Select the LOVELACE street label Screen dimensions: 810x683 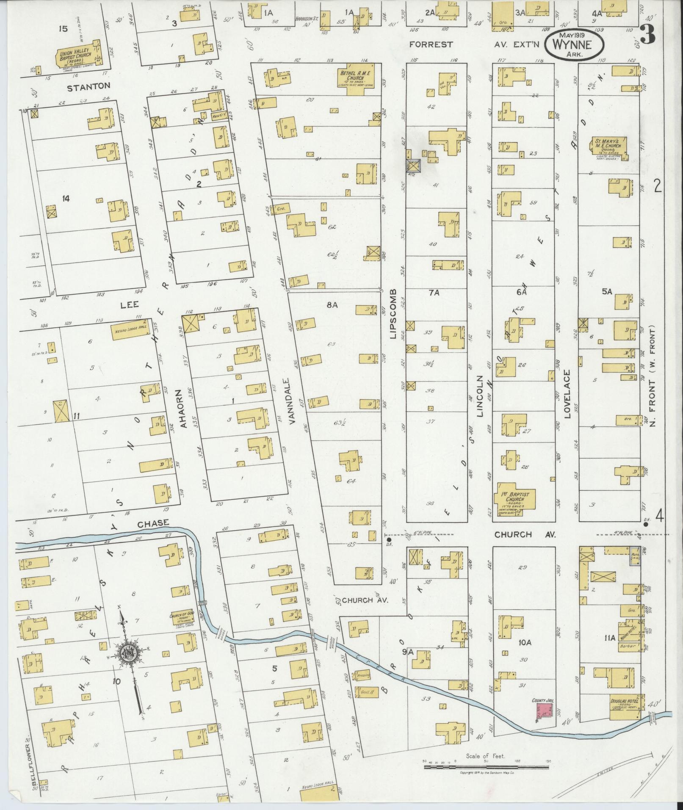[x=567, y=394]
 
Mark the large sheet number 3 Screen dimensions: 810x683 [x=648, y=35]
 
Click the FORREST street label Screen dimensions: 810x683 [x=431, y=44]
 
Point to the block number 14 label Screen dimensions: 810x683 [x=65, y=198]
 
